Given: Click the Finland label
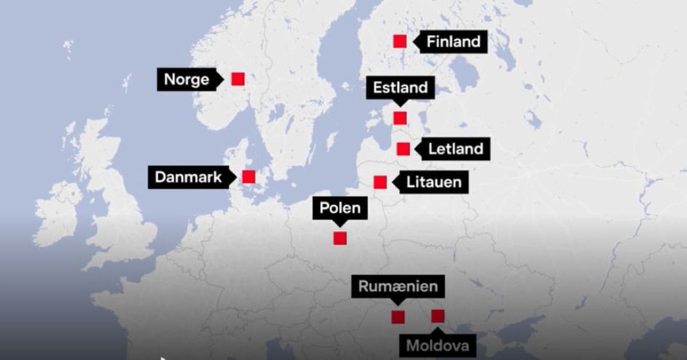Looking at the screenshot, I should click(x=453, y=42).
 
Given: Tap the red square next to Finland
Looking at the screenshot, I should click(x=400, y=41).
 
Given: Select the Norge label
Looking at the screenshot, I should click(x=187, y=79).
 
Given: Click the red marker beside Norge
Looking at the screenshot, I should click(x=238, y=79).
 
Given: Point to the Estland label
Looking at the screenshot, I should click(x=400, y=87).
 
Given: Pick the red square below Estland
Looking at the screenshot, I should click(x=400, y=118).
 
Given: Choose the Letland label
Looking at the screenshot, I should click(x=456, y=149).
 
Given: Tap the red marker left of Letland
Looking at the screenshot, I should click(x=403, y=149).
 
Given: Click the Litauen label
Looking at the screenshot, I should click(x=434, y=182).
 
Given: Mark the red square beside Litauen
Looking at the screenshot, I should click(x=380, y=182).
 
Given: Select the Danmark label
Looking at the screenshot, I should click(x=188, y=177).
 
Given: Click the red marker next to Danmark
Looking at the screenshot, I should click(x=249, y=177).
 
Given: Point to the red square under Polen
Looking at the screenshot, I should click(x=340, y=238).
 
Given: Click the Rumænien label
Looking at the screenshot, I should click(x=398, y=286).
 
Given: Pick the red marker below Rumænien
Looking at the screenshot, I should click(x=398, y=317).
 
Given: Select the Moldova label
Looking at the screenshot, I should click(x=437, y=346).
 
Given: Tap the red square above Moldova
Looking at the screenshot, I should click(x=438, y=316).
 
